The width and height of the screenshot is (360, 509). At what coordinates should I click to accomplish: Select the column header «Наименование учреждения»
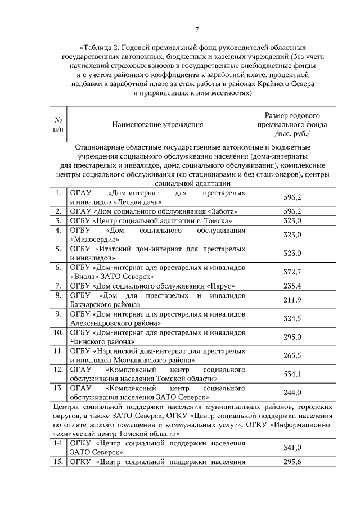[x=157, y=124]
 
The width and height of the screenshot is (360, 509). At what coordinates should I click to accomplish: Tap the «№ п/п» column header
[x=58, y=124]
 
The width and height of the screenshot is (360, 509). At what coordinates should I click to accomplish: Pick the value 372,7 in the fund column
[x=292, y=272]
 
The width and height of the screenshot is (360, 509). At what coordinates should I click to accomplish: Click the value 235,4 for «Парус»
[x=292, y=285]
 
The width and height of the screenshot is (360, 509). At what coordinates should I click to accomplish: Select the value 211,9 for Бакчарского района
[x=292, y=299]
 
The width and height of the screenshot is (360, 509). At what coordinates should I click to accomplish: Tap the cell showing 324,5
[x=292, y=318]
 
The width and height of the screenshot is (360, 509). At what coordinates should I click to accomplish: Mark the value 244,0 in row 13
[x=292, y=393]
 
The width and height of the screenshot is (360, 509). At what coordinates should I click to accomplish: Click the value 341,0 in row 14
[x=292, y=448]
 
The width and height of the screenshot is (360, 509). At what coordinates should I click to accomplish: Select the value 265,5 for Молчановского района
[x=292, y=355]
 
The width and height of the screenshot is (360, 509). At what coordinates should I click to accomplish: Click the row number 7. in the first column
[x=58, y=285]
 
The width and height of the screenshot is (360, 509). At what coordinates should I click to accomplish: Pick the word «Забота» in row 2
[x=215, y=211]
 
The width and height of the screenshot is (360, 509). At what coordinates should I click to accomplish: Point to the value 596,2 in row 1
[x=292, y=197]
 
